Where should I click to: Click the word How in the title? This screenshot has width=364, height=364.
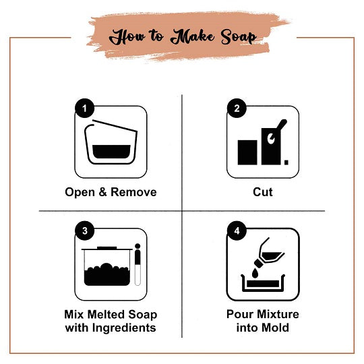coord(127,36)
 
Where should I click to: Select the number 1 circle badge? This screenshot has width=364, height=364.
coord(84,108)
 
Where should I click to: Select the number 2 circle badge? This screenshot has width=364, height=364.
coord(235,108)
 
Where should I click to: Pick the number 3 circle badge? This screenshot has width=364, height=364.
coord(84,231)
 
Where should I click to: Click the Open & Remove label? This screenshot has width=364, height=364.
coord(111,192)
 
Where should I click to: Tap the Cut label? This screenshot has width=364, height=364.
coord(262,192)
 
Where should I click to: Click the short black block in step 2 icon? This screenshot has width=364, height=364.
coord(248,152)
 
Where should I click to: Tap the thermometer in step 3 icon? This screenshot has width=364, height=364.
coord(138,264)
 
